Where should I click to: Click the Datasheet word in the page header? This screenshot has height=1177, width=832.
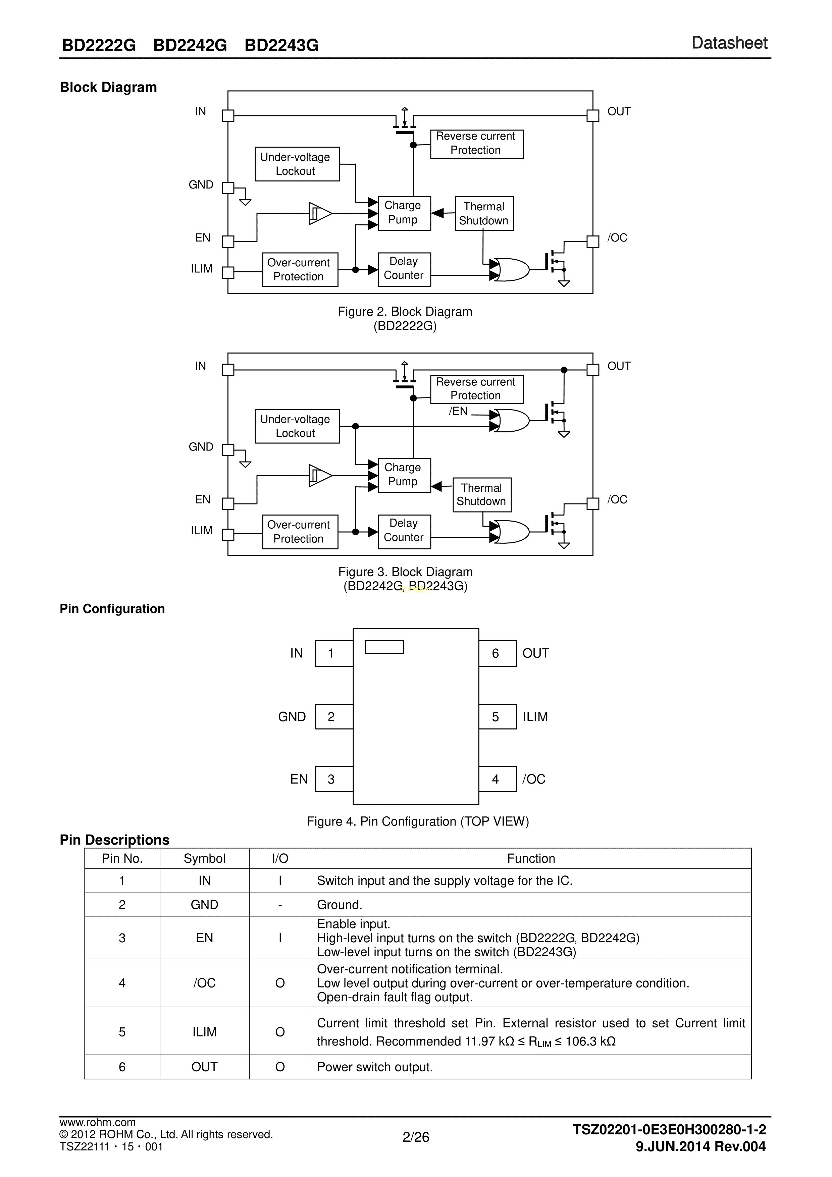point(729,43)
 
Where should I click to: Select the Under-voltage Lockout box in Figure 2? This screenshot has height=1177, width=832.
point(297,164)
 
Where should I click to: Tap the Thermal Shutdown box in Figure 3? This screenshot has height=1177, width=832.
point(482,495)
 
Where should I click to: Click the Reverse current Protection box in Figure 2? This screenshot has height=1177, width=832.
point(476,144)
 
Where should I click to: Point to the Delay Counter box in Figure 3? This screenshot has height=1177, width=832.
point(404,531)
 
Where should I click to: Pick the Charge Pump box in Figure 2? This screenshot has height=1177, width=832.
point(404,213)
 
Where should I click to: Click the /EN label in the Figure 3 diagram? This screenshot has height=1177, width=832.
point(458,411)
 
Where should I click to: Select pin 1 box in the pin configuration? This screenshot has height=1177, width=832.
point(334,654)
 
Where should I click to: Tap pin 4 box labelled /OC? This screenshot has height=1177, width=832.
point(497,779)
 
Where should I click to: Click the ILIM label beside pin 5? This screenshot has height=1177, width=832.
point(535,717)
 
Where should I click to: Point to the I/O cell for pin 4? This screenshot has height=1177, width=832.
point(280,983)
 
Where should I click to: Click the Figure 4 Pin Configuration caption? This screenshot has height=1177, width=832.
point(418,821)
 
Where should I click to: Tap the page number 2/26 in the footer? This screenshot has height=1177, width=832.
point(416,1137)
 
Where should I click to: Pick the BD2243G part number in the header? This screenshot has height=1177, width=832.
point(281,46)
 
